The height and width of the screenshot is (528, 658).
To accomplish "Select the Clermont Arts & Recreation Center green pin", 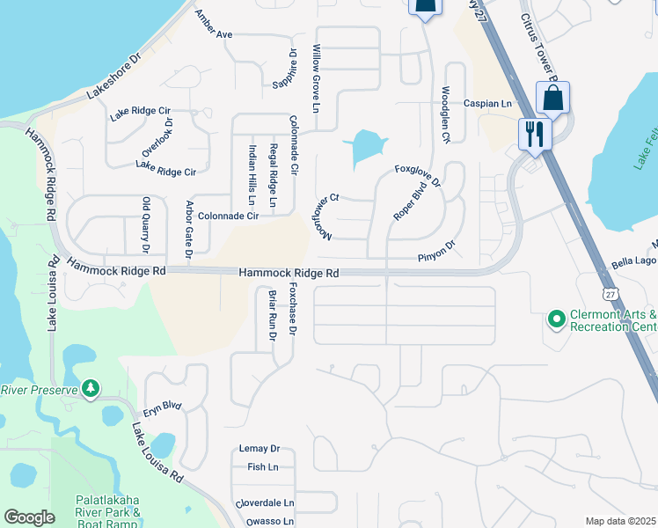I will (x=555, y=318).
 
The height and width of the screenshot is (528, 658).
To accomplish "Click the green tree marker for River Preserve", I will (x=90, y=388).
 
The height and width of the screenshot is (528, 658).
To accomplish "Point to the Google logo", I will (x=29, y=517).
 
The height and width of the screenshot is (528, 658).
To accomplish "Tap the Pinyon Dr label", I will (x=436, y=251).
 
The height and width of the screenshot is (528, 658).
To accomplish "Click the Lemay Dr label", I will (x=259, y=449).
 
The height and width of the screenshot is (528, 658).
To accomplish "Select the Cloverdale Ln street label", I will (x=264, y=503).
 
